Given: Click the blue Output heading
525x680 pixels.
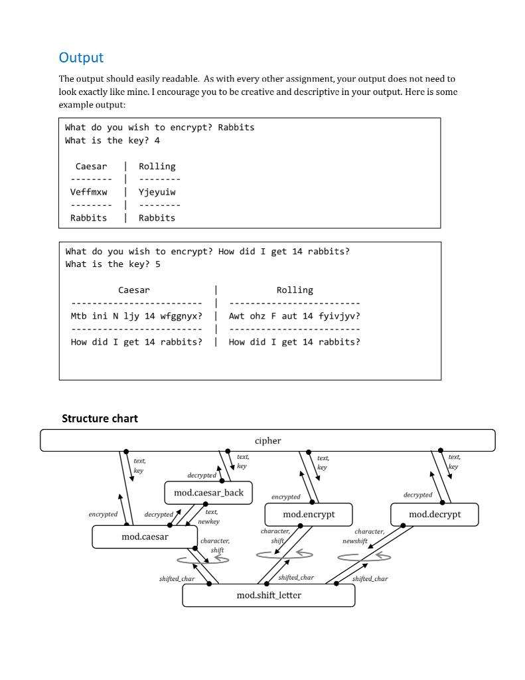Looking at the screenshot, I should tap(81, 58).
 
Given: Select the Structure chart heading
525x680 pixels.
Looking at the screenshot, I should tap(100, 418).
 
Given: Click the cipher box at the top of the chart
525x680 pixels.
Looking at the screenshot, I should tap(267, 441).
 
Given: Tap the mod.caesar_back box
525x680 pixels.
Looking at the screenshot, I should tap(208, 493).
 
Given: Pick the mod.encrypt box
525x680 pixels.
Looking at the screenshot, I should tap(309, 515).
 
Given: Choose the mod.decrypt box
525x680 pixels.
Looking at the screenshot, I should tap(434, 515).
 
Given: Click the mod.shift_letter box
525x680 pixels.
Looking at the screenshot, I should tap(269, 596).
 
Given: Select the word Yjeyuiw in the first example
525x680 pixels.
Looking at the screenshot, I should tap(157, 192).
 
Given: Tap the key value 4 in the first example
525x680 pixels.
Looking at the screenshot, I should tap(157, 140).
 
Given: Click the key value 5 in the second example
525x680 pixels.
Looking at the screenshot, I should tap(157, 264).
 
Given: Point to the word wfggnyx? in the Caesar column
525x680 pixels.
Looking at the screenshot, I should tap(181, 316).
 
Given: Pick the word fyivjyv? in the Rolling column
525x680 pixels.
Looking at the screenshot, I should tap(339, 316).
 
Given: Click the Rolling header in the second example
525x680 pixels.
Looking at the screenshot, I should tap(295, 290).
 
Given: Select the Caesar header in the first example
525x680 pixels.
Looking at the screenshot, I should tap(91, 166).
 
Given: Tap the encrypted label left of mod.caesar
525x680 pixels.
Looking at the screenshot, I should tap(103, 514).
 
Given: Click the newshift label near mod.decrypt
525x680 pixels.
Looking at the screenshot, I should tap(355, 541).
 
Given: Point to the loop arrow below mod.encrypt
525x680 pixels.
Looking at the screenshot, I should tap(285, 554).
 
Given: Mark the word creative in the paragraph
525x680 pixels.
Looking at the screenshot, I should tap(294, 92).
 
